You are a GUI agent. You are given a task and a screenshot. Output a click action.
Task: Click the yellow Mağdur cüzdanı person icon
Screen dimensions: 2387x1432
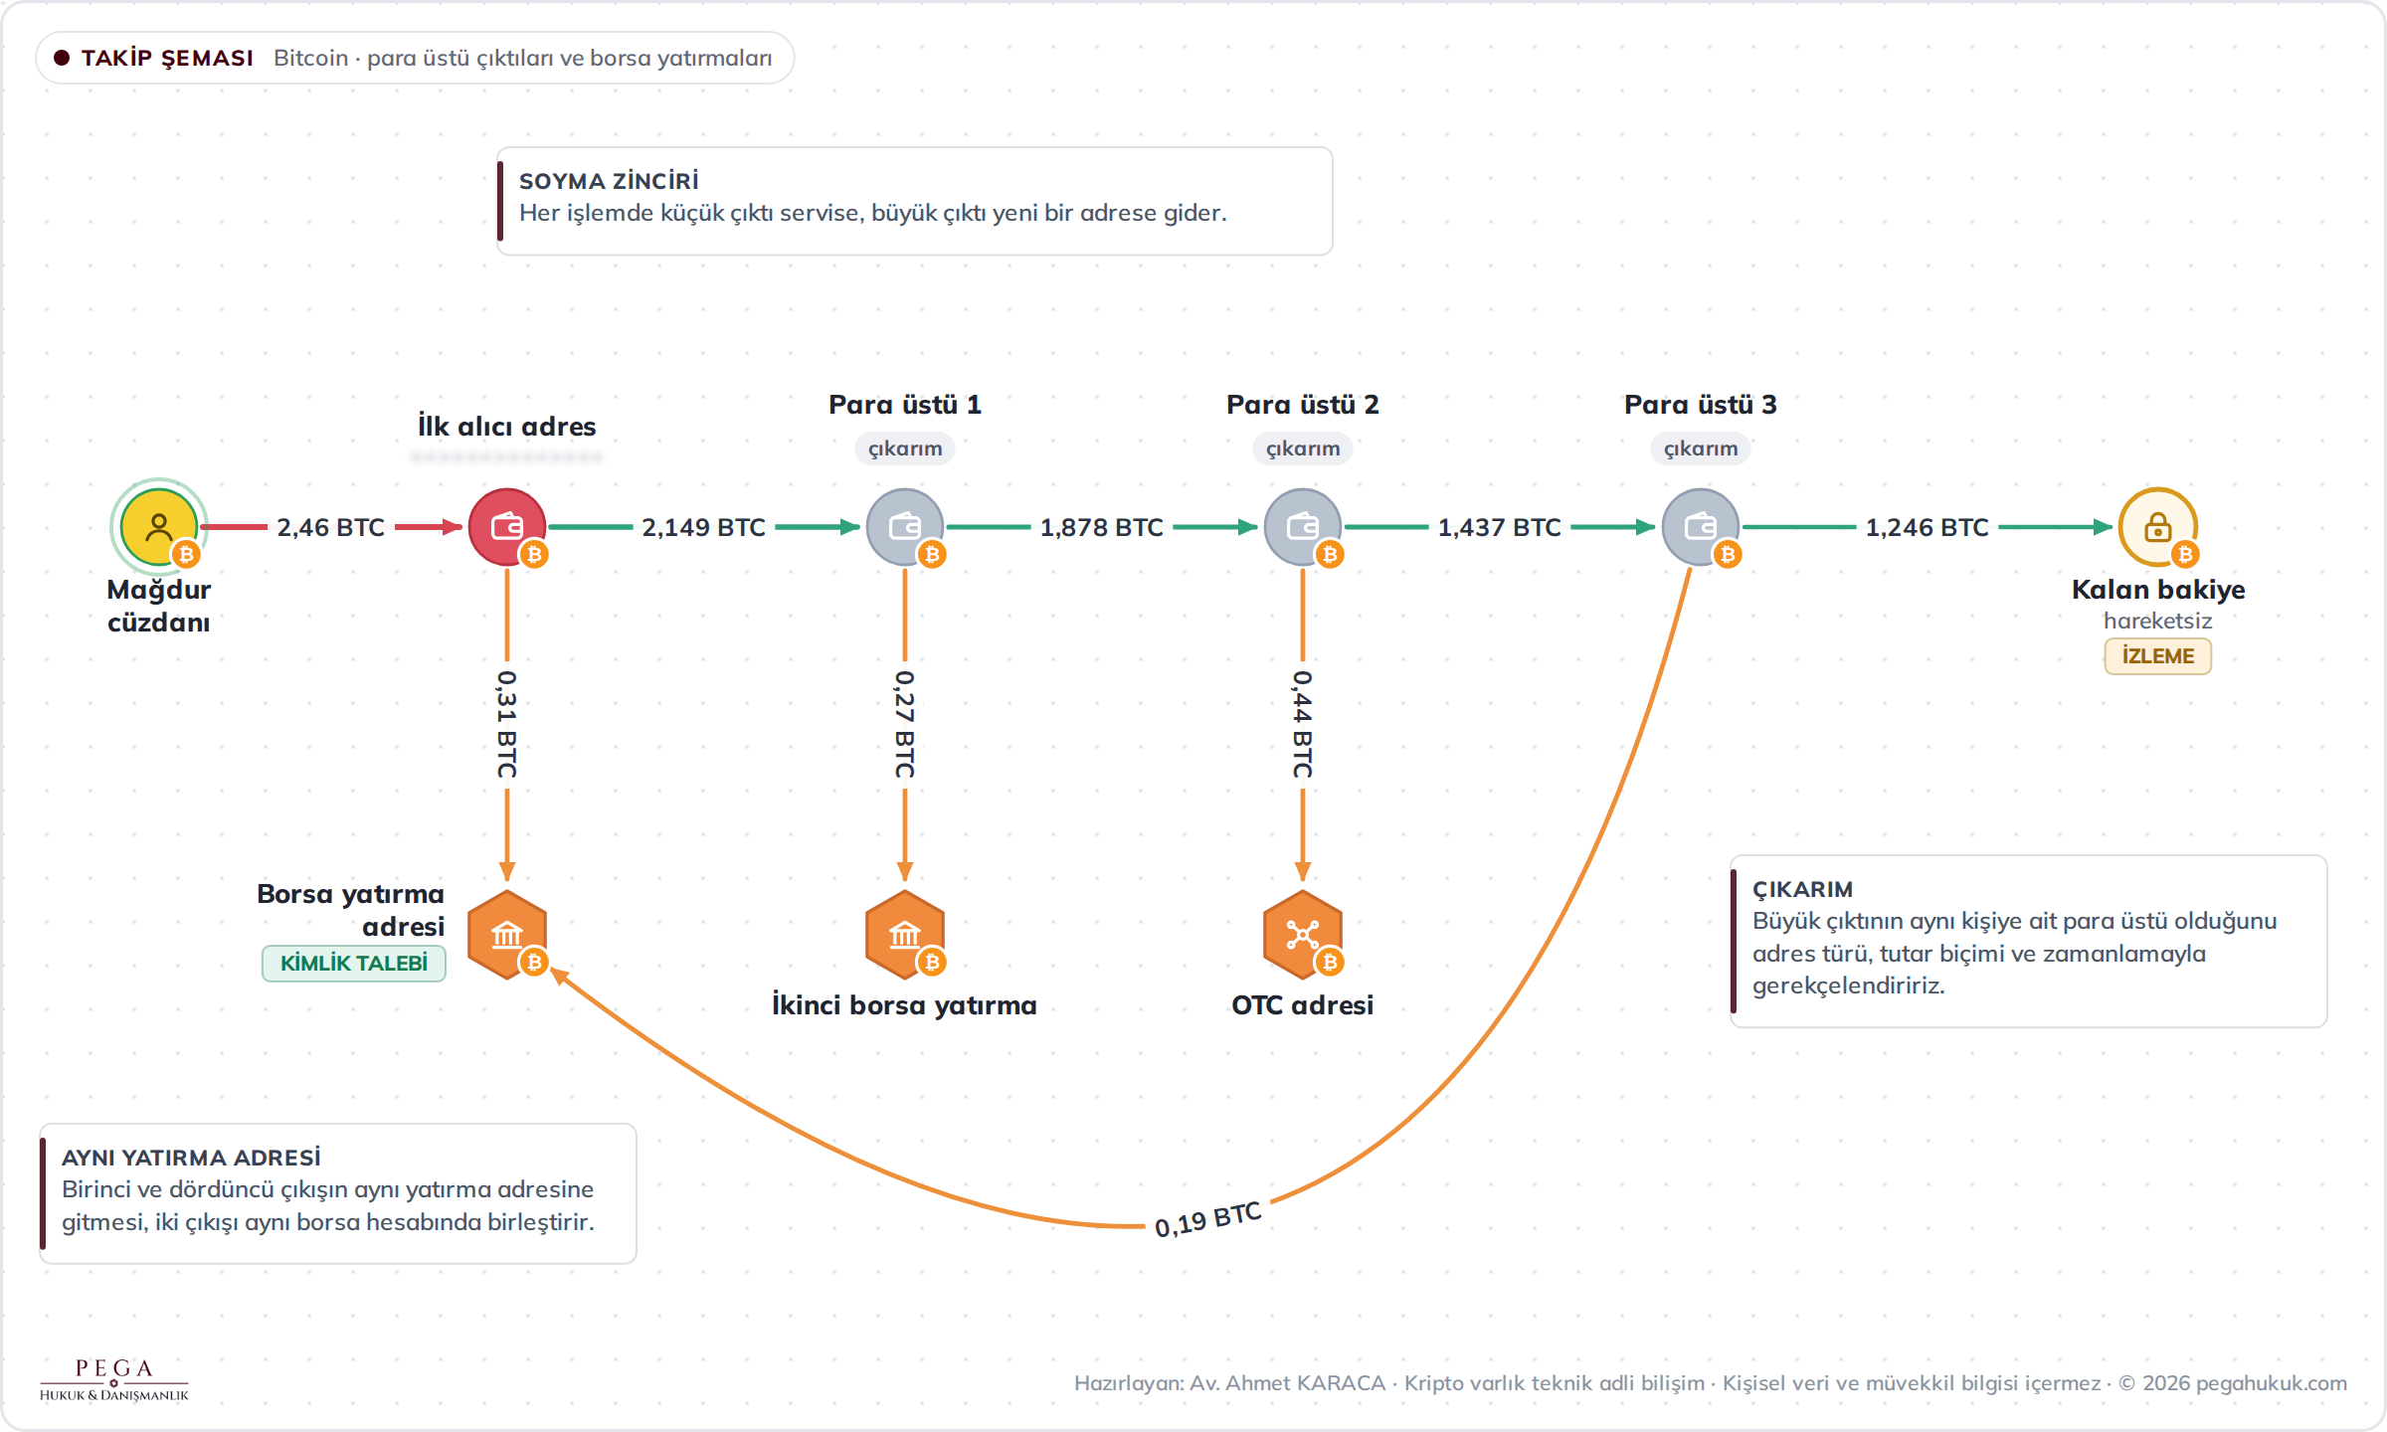pos(159,527)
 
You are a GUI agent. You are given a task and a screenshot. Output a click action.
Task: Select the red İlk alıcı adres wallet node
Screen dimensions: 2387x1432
pos(507,527)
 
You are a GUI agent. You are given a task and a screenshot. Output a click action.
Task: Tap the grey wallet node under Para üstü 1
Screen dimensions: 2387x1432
pos(905,527)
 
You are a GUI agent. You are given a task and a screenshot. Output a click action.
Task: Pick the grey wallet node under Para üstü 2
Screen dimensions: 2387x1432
pos(1303,527)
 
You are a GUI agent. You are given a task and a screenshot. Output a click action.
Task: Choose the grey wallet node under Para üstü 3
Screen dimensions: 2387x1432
pos(1701,527)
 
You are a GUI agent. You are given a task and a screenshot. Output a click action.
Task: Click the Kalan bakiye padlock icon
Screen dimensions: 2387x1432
pos(2158,527)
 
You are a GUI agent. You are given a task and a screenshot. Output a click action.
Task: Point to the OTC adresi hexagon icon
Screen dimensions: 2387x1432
pos(1303,935)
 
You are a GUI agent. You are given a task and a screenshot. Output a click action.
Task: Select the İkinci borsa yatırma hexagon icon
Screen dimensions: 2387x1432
pos(905,935)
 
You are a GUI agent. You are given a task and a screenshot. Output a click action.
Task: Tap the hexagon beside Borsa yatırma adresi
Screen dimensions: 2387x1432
pos(507,935)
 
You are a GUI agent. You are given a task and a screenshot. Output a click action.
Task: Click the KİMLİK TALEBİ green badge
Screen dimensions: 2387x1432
pos(354,963)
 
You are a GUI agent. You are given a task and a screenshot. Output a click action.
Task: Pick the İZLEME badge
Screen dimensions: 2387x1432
pos(2158,656)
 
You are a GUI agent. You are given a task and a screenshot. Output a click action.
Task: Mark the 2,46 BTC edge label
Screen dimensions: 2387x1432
pos(331,527)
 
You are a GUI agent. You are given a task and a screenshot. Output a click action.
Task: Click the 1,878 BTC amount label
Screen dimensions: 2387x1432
pos(1102,527)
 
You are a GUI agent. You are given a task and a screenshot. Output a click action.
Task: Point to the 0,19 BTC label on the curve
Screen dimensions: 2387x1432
pos(1208,1219)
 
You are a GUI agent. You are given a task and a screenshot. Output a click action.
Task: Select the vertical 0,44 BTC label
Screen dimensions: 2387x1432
pos(1303,724)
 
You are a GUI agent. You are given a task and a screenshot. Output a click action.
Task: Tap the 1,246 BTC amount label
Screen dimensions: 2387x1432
pos(1928,527)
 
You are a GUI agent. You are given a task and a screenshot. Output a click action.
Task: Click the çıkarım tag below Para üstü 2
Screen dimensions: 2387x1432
pos(1303,448)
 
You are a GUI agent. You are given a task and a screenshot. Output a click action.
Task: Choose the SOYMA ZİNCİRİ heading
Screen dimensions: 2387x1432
pos(609,181)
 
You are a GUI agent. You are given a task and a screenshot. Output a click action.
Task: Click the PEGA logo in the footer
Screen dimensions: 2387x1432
pos(114,1379)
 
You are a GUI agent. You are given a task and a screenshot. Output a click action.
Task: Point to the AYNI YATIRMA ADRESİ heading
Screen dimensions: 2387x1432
pos(191,1158)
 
